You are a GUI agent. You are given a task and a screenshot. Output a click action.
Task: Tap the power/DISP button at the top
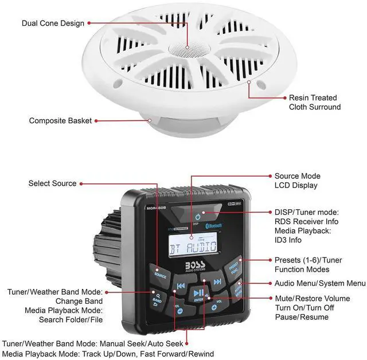tap(198, 217)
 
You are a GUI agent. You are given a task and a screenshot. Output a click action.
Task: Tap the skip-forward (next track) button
tap(217, 281)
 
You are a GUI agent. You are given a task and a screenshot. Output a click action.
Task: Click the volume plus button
tap(214, 307)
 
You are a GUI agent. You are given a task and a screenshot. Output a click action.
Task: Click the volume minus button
tap(178, 311)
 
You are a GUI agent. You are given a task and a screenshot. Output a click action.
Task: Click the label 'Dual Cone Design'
tap(53, 24)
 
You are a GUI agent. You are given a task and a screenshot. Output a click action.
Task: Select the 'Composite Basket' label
tap(60, 121)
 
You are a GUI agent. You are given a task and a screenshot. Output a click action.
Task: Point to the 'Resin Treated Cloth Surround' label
tap(314, 102)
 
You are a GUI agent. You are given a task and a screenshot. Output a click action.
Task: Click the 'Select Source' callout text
tap(52, 183)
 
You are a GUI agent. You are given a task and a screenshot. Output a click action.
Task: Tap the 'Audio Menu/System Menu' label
tap(319, 283)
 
